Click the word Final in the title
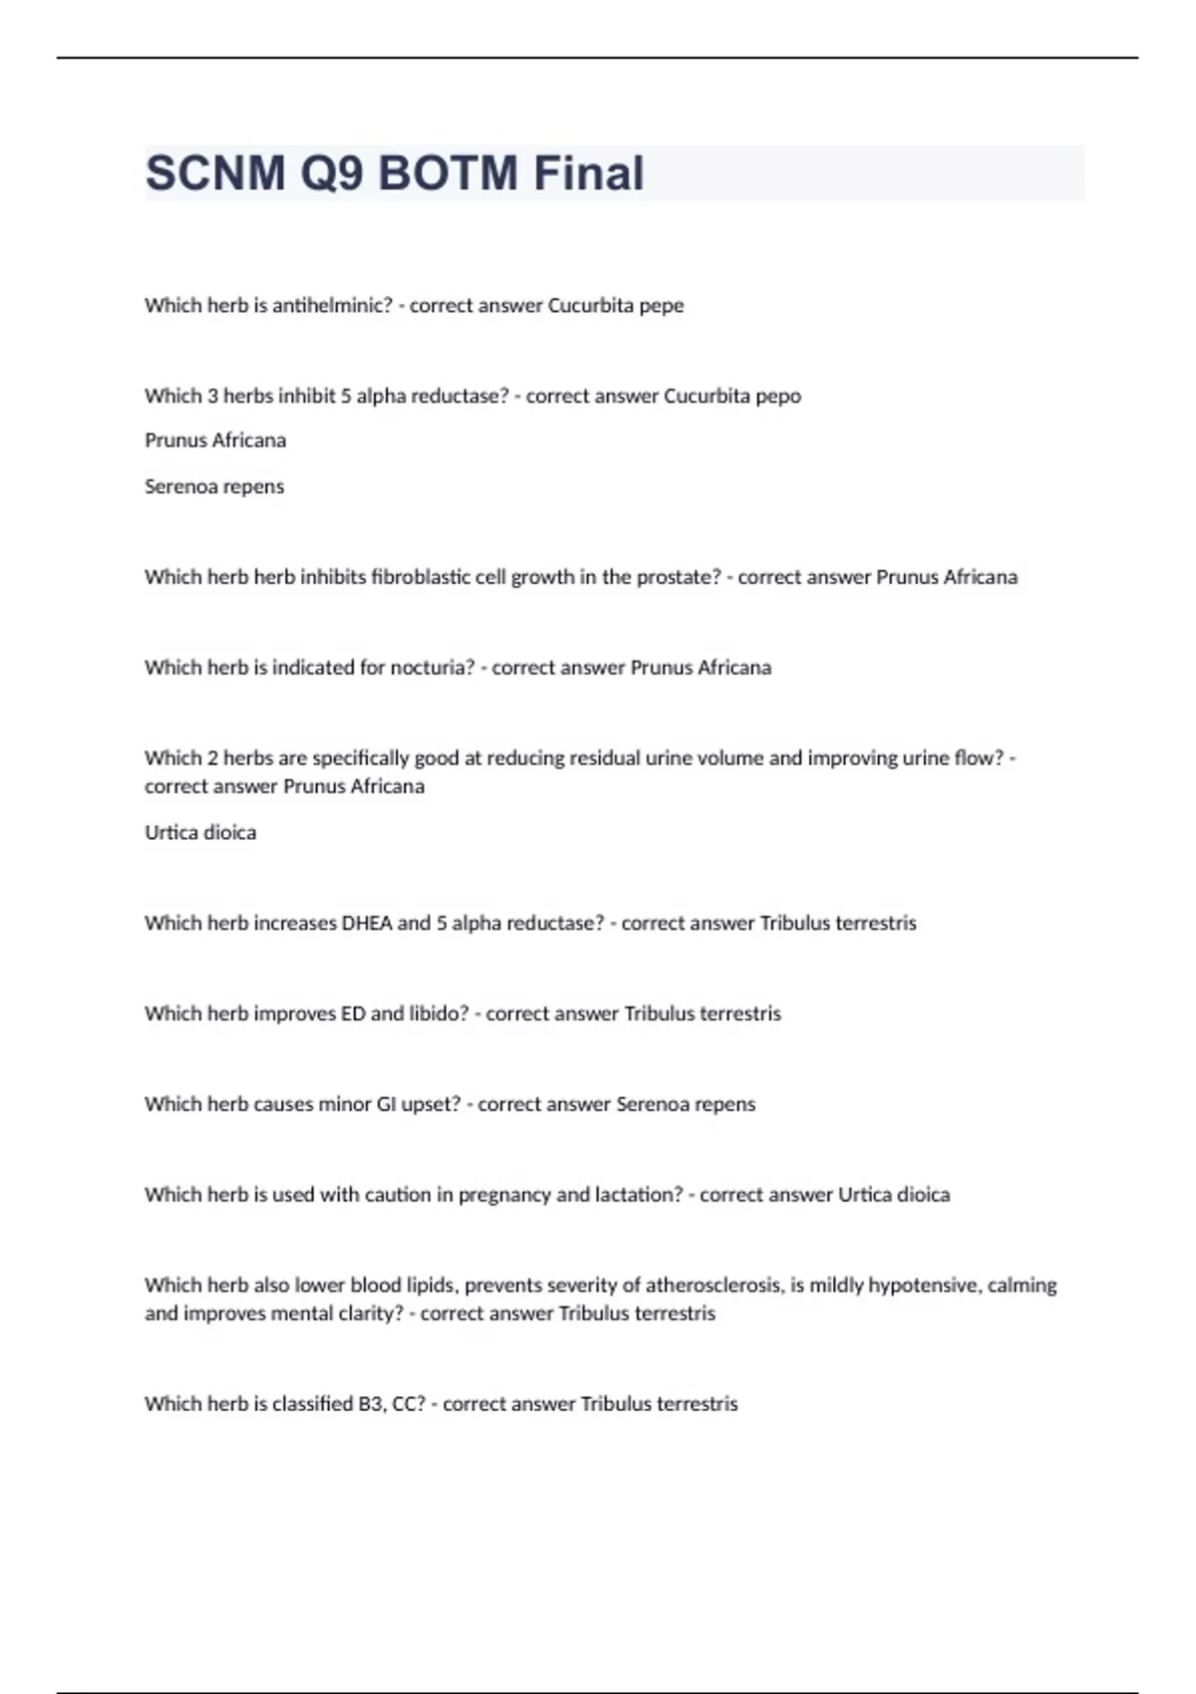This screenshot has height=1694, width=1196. tap(589, 173)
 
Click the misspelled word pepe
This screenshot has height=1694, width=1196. tap(661, 306)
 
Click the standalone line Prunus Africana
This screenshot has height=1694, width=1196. tap(215, 440)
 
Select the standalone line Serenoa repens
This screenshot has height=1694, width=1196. tap(214, 487)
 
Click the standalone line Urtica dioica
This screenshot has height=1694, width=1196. tap(200, 833)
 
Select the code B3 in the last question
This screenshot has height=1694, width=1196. tap(369, 1404)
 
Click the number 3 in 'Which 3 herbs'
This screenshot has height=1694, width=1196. tap(212, 397)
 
